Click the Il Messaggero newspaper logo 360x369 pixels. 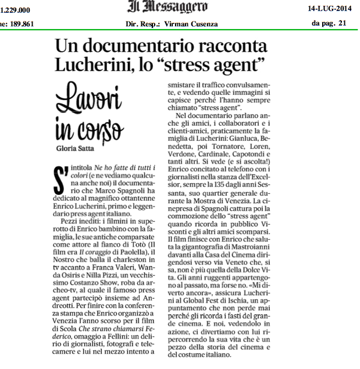pyautogui.click(x=167, y=8)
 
